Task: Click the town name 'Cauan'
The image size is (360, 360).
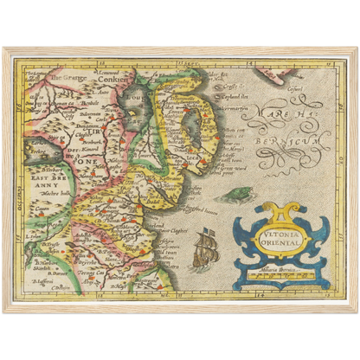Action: point(41,209)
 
